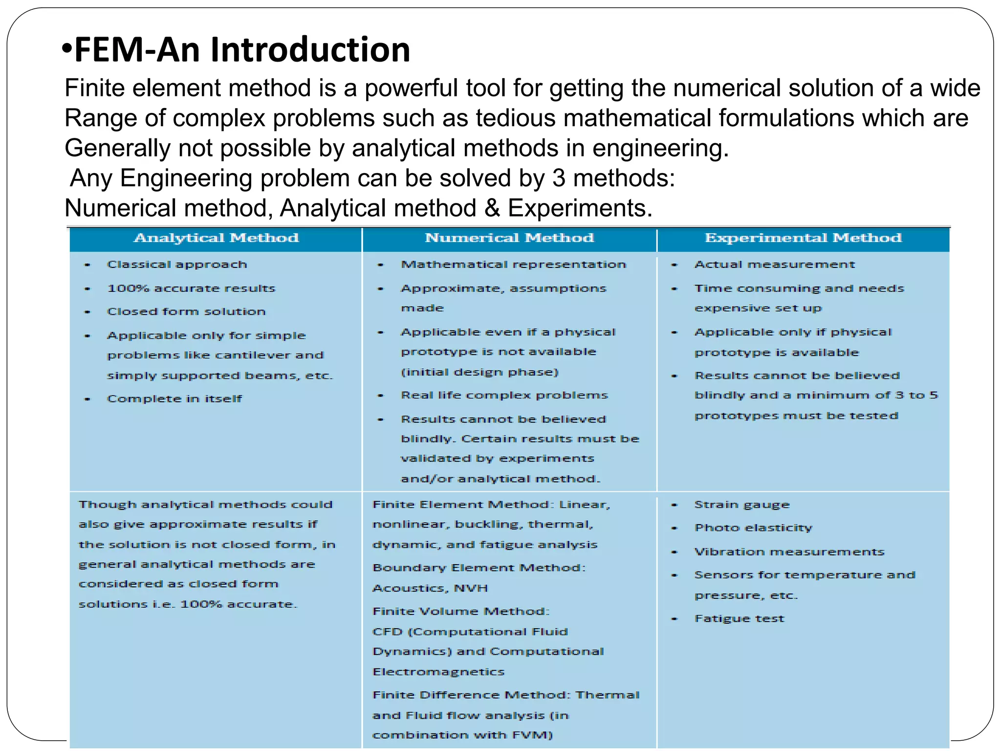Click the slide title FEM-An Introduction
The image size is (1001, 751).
pyautogui.click(x=242, y=50)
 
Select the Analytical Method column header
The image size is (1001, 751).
pyautogui.click(x=216, y=238)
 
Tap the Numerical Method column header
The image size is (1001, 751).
pyautogui.click(x=509, y=238)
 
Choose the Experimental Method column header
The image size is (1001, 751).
pyautogui.click(x=803, y=238)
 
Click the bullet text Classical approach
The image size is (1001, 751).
pyautogui.click(x=177, y=265)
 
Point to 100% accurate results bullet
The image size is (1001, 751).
pyautogui.click(x=191, y=288)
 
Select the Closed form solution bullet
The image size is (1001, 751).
pyautogui.click(x=186, y=311)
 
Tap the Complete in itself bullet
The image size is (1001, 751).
pyautogui.click(x=174, y=399)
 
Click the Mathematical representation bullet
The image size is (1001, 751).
pyautogui.click(x=513, y=265)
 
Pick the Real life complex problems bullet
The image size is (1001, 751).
pyautogui.click(x=504, y=395)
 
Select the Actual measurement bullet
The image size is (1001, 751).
pyautogui.click(x=775, y=265)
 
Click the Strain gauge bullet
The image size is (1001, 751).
pyautogui.click(x=742, y=505)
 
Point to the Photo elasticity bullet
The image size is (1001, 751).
pyautogui.click(x=753, y=528)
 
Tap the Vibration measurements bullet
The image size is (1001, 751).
pyautogui.click(x=789, y=552)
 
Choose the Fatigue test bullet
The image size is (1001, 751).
pyautogui.click(x=739, y=618)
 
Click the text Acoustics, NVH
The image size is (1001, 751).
pyautogui.click(x=430, y=588)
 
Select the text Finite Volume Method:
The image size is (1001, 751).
pyautogui.click(x=461, y=611)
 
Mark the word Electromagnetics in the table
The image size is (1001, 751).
pyautogui.click(x=438, y=672)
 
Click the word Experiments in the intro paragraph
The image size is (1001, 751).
pyautogui.click(x=580, y=208)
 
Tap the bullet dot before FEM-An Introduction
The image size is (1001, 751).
pyautogui.click(x=67, y=49)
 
